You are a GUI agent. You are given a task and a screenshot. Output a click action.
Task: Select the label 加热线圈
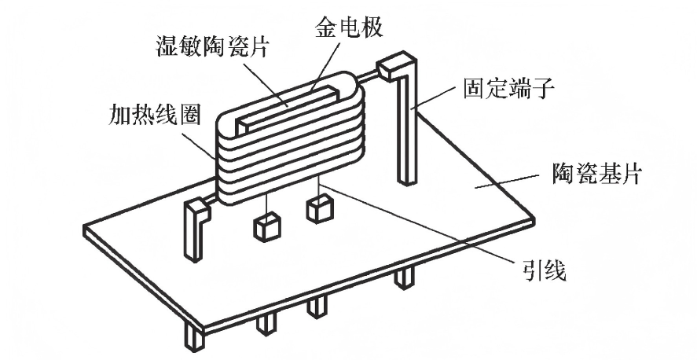pyautogui.click(x=156, y=118)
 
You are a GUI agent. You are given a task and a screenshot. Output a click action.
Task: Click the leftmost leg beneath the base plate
pyautogui.click(x=192, y=336)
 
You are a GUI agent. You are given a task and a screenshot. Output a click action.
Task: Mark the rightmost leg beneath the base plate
pyautogui.click(x=405, y=277)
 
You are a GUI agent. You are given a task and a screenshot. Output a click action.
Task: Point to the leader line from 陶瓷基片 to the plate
pyautogui.click(x=511, y=182)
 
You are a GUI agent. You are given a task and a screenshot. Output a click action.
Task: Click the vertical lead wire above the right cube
pyautogui.click(x=317, y=188)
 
